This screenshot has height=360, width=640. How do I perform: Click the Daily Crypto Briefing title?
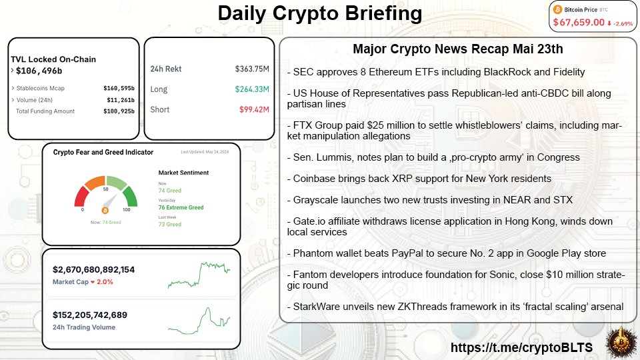[x=320, y=13]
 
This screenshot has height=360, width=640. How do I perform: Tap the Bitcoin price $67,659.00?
[x=579, y=23]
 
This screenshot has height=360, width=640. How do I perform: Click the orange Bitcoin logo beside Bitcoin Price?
[x=558, y=9]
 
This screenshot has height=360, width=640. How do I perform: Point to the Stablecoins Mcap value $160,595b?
[x=119, y=87]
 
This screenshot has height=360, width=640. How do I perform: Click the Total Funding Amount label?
[x=45, y=111]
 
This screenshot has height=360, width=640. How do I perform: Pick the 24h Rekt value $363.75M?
[x=251, y=69]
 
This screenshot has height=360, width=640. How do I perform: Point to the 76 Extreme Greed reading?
[x=181, y=207]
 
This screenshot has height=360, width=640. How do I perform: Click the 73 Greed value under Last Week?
[x=169, y=225]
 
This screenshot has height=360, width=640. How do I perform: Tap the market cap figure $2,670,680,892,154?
[x=93, y=269]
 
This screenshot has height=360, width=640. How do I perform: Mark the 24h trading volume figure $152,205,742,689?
[x=89, y=315]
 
